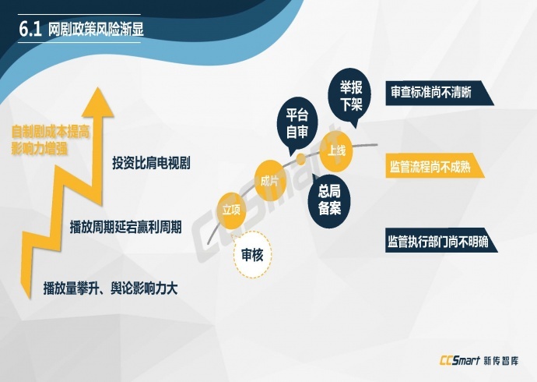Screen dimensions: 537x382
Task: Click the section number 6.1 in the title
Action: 30,29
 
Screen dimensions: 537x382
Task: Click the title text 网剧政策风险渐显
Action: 96,30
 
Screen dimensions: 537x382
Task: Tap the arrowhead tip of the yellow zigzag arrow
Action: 99,87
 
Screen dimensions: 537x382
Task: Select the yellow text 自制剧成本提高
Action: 51,132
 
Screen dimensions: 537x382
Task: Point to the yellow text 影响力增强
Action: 40,148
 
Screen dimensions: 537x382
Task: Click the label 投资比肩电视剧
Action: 152,163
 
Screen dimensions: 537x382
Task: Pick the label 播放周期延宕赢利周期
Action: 125,227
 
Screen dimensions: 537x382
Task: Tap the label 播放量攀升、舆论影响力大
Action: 111,288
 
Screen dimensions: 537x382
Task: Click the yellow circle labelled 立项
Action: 232,210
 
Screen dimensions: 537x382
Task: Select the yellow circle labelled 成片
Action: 270,180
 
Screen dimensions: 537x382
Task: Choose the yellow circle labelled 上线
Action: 336,151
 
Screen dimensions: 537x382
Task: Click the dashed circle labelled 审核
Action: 252,254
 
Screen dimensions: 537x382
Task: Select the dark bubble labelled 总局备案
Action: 328,200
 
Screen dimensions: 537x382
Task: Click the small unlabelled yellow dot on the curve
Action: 301,159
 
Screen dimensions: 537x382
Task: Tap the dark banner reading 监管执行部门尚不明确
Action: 441,241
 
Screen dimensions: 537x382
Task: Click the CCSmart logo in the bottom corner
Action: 479,361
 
